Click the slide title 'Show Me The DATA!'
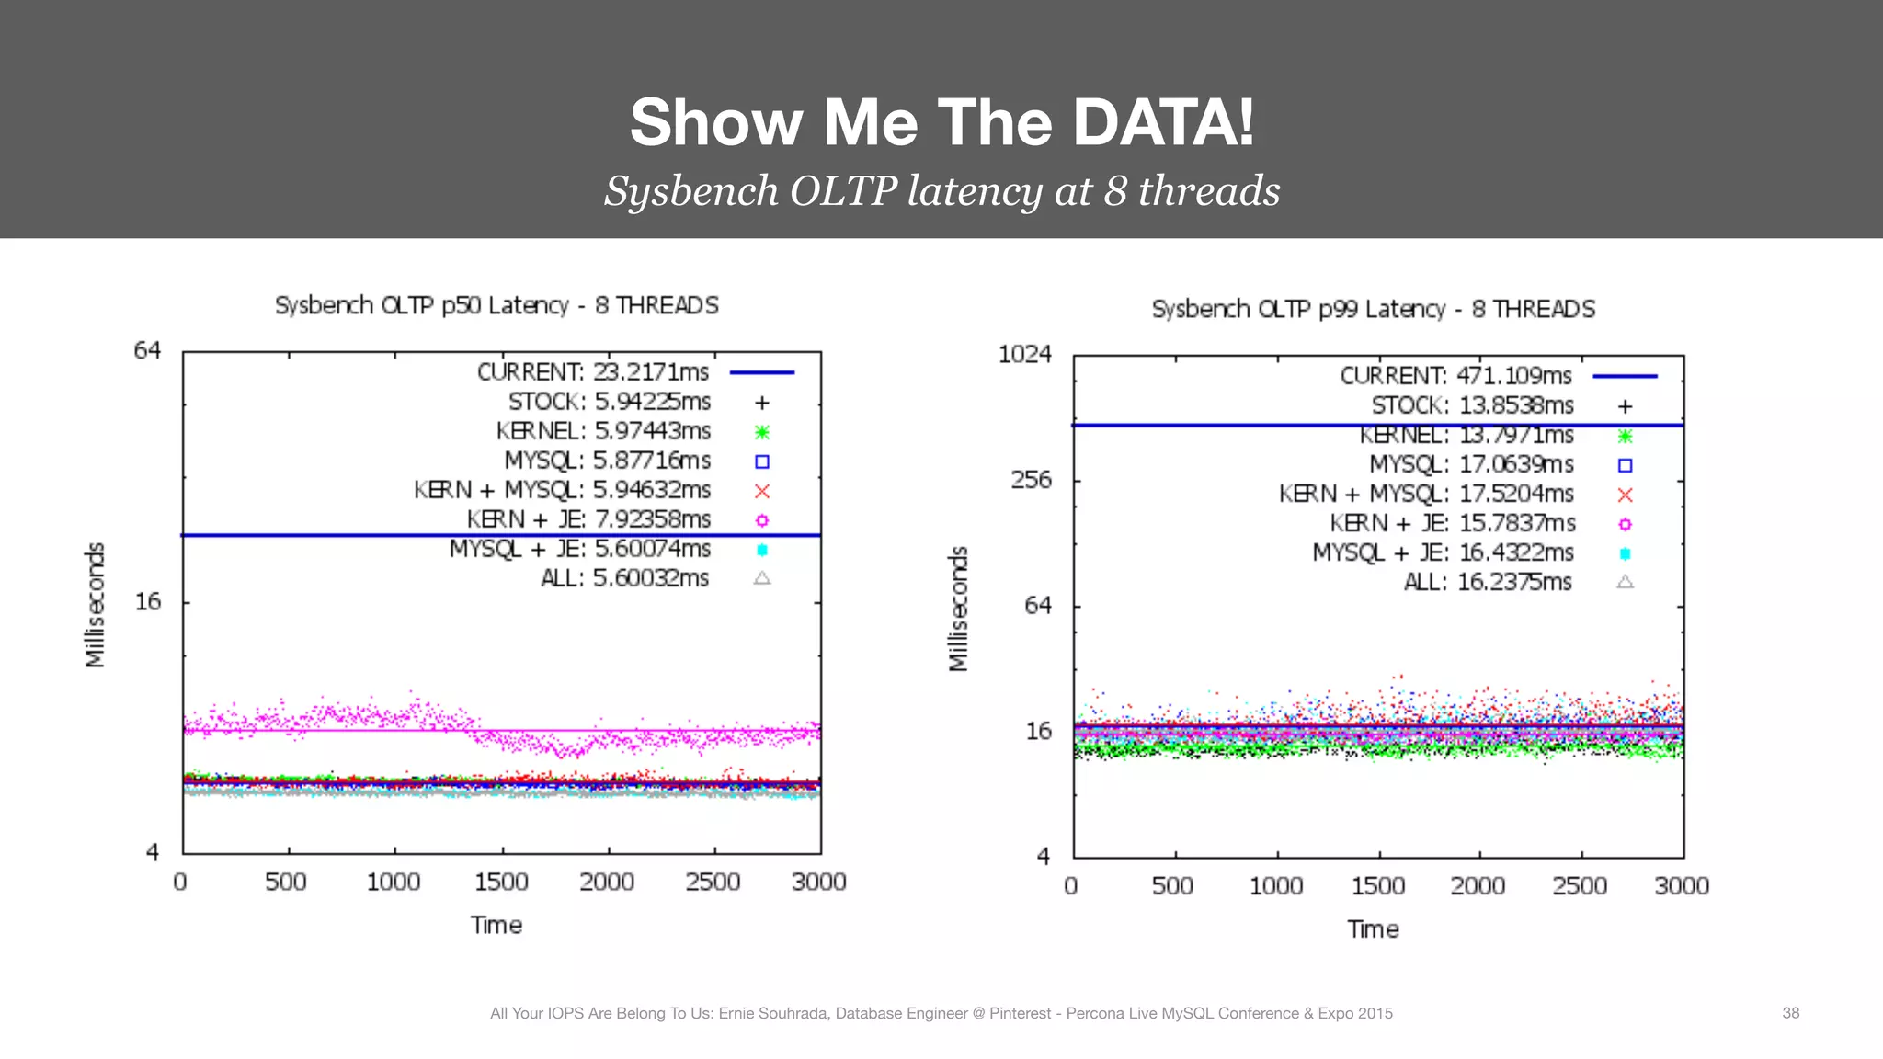(x=941, y=122)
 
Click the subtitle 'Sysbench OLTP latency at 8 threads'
(x=941, y=191)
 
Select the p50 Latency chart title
(x=496, y=305)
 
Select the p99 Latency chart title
(x=1373, y=309)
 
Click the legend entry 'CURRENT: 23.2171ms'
(x=593, y=372)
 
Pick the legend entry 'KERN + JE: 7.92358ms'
(x=588, y=519)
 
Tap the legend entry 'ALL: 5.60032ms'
(x=625, y=578)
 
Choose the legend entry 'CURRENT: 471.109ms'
(x=1455, y=376)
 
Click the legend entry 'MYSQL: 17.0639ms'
(x=1471, y=464)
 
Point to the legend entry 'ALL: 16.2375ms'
(x=1488, y=582)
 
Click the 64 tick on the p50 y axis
(x=147, y=350)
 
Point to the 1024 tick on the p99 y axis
(x=1024, y=354)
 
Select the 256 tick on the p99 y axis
(x=1031, y=480)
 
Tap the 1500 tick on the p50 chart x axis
(x=501, y=882)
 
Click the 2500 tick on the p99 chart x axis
(x=1579, y=886)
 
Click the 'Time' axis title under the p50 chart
(x=496, y=925)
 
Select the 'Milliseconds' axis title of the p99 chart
(x=958, y=609)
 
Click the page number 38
(x=1790, y=1013)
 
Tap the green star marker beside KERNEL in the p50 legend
(x=761, y=432)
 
